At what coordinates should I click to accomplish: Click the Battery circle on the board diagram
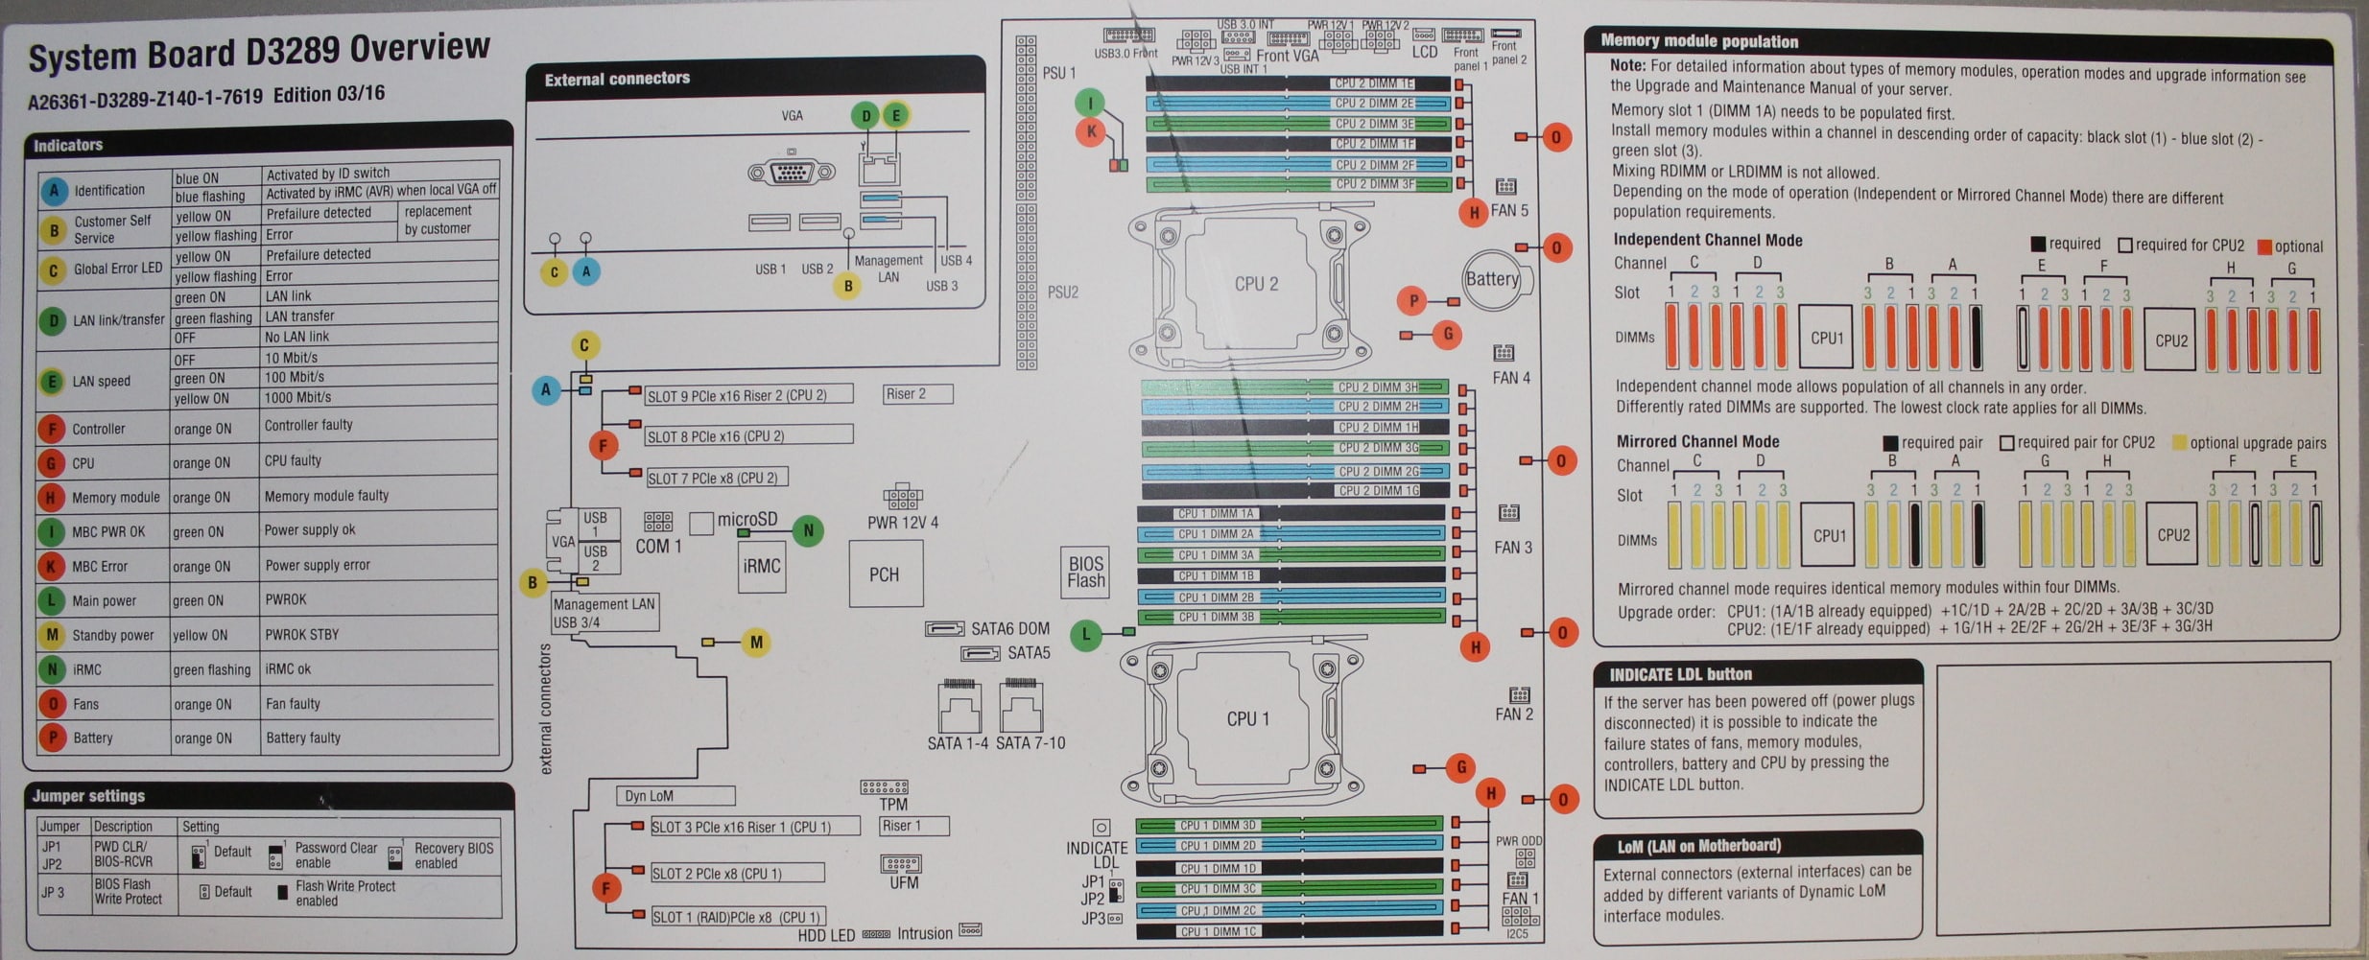tap(1492, 279)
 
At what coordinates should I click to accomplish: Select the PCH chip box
tap(885, 574)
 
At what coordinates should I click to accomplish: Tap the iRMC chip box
tap(761, 567)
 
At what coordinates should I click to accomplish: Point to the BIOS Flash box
tap(1085, 573)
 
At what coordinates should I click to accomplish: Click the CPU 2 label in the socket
tap(1256, 284)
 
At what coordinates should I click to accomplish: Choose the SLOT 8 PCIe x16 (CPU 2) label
tap(716, 436)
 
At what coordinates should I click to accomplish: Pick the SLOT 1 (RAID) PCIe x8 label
tap(736, 917)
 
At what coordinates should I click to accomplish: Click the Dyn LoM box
tap(675, 796)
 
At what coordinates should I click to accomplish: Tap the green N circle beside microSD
tap(808, 530)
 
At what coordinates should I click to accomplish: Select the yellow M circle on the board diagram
tap(756, 642)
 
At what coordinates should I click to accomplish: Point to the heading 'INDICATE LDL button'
tap(1680, 674)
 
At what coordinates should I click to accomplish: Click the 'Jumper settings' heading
tap(88, 796)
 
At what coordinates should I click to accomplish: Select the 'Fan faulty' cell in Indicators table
tap(293, 704)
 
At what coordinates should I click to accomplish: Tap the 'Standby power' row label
tap(112, 635)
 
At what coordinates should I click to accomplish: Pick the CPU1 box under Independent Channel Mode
tap(1827, 338)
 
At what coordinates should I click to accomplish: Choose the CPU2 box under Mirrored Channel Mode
tap(2173, 535)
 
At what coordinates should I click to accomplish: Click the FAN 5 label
tap(1509, 210)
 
